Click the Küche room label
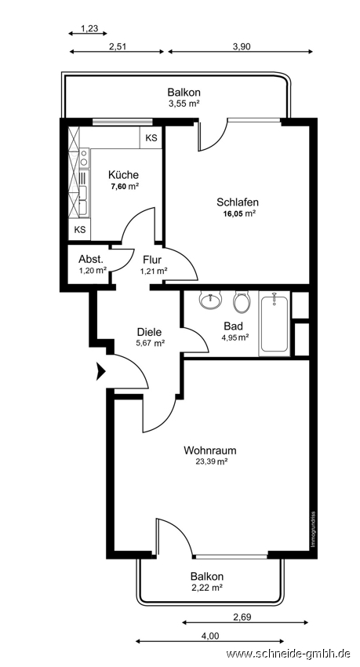[123, 174]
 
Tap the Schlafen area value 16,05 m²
[239, 214]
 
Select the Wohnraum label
[210, 450]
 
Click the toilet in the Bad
[242, 301]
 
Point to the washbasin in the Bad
[211, 301]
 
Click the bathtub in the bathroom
[275, 324]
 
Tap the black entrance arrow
[100, 371]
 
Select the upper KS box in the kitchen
[151, 138]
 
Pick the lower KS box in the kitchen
[79, 230]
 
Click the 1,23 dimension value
[89, 28]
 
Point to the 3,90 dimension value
[242, 47]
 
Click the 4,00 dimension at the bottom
[210, 636]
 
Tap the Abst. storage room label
[91, 259]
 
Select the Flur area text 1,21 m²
[154, 270]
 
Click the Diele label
[150, 332]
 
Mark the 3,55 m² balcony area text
[184, 103]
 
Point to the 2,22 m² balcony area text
[207, 588]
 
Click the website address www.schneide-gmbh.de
[288, 654]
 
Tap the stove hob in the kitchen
[84, 158]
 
